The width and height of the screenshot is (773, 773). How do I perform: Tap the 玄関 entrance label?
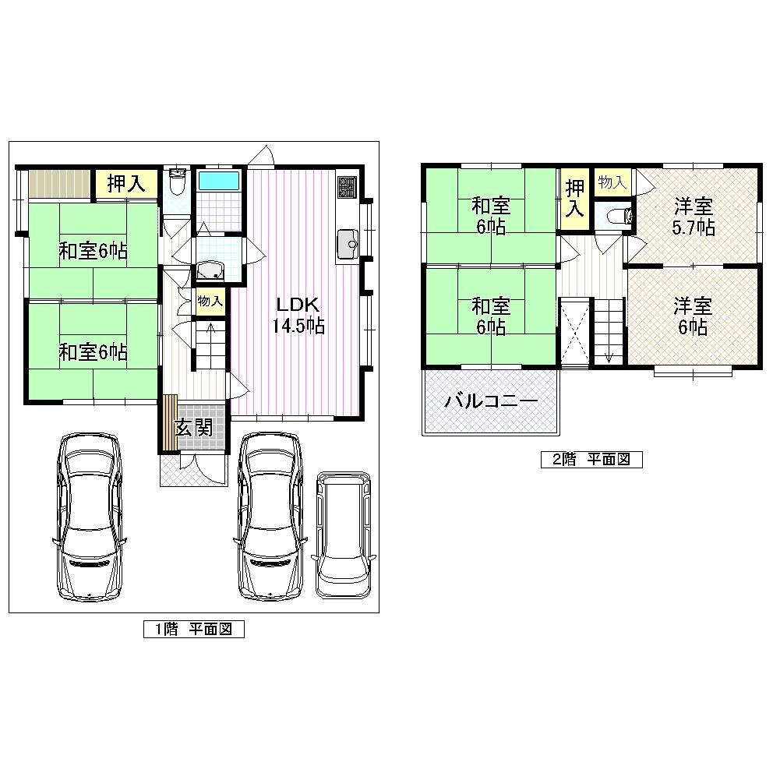coord(192,428)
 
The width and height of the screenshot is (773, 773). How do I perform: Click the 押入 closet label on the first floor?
coord(126,184)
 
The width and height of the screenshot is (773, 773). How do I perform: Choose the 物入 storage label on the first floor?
coord(210,301)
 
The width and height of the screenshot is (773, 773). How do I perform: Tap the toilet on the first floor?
coord(177,183)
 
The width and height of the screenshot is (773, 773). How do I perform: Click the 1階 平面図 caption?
coord(194,629)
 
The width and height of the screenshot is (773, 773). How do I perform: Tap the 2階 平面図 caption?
coord(591,459)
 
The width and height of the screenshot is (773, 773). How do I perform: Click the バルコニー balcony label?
coord(491,402)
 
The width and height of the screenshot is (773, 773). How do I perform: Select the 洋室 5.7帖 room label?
coord(693,217)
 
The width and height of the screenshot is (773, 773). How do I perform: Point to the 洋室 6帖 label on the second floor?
coord(693,316)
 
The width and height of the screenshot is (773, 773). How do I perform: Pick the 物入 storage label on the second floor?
coord(612,182)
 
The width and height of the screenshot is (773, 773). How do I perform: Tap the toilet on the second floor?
coord(615,217)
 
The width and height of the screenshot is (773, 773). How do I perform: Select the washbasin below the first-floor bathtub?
coord(210,270)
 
